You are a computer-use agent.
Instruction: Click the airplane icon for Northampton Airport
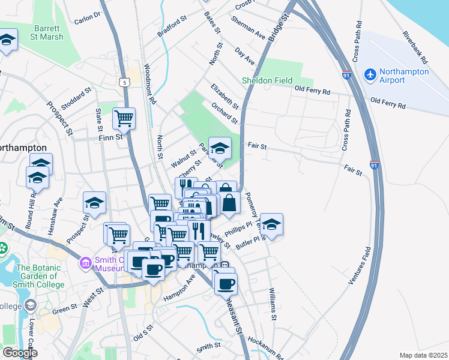pyautogui.click(x=370, y=76)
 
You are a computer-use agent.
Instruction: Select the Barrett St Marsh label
pyautogui.click(x=42, y=32)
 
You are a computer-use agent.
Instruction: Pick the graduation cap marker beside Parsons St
pyautogui.click(x=220, y=148)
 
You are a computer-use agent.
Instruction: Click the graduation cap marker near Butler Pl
pyautogui.click(x=271, y=224)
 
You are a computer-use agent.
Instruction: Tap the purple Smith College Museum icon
pyautogui.click(x=85, y=262)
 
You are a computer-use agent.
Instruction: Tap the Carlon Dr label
pyautogui.click(x=88, y=19)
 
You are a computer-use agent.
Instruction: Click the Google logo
pyautogui.click(x=20, y=353)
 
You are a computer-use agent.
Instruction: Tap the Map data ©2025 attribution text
pyautogui.click(x=423, y=355)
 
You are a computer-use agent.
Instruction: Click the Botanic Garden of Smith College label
pyautogui.click(x=41, y=276)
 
